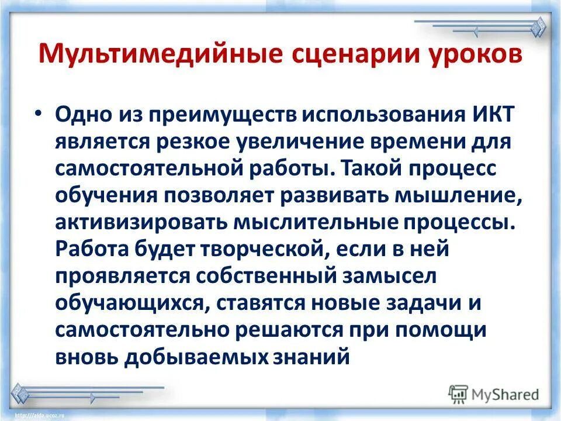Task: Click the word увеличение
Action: [293, 142]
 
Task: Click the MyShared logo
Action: [494, 395]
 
